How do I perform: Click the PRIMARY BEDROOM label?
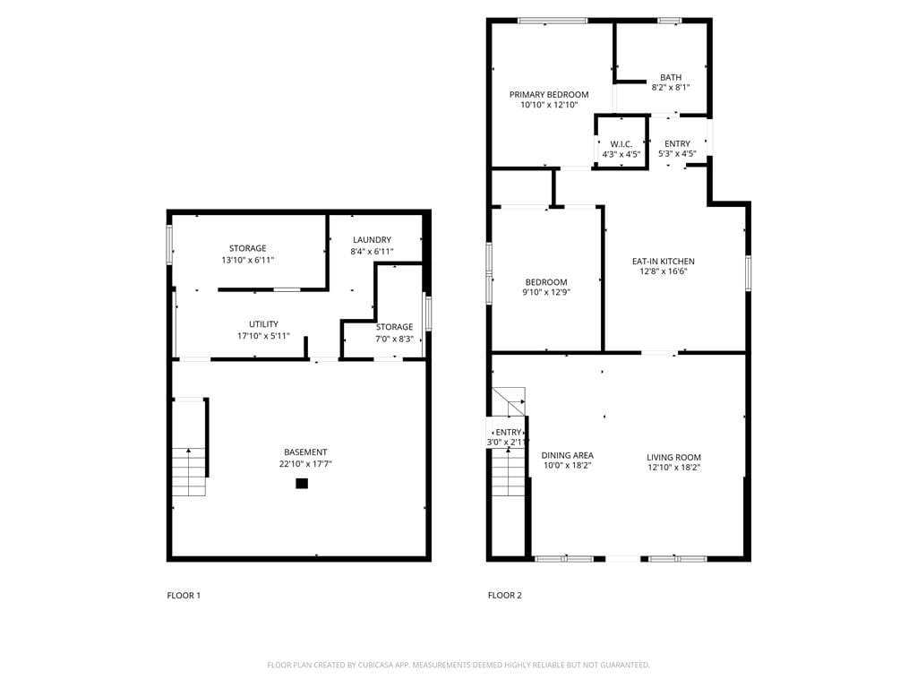tap(549, 94)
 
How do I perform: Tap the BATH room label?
tap(671, 77)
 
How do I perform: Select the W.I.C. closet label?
tap(621, 144)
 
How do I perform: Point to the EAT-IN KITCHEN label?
tap(663, 262)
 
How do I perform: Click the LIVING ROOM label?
tap(673, 457)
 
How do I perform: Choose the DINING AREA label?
tap(567, 455)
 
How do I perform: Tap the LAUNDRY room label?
tap(372, 239)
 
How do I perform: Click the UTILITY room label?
tap(263, 324)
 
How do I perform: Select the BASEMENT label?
tap(305, 452)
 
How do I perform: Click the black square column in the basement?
tap(302, 484)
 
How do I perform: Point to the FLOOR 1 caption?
tap(184, 595)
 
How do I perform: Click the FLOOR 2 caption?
tap(504, 595)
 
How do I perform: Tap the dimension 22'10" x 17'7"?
tap(305, 464)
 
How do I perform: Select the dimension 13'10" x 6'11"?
tap(247, 260)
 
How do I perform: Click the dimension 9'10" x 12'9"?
tap(546, 292)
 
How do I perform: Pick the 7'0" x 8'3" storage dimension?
tap(394, 339)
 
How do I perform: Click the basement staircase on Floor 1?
tap(189, 448)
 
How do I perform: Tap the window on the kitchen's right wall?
tap(747, 273)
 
